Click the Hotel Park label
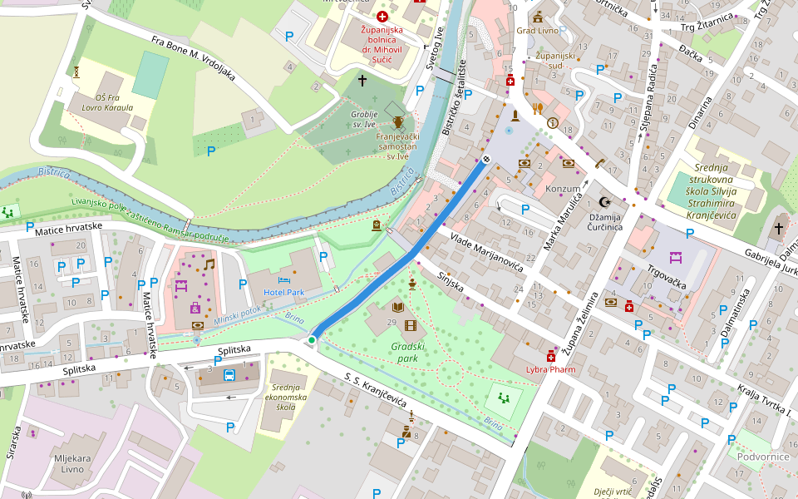click(x=284, y=293)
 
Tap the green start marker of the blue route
click(x=312, y=340)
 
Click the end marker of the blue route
click(x=486, y=159)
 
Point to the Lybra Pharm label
click(x=550, y=368)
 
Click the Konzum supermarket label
click(x=562, y=189)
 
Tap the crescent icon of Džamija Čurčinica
click(x=605, y=202)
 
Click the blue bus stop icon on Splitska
click(x=229, y=374)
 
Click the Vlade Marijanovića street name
click(x=486, y=253)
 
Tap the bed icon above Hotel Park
click(x=284, y=280)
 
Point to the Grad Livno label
click(x=537, y=31)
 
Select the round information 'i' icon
click(x=553, y=122)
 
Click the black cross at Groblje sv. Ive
click(x=362, y=81)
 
